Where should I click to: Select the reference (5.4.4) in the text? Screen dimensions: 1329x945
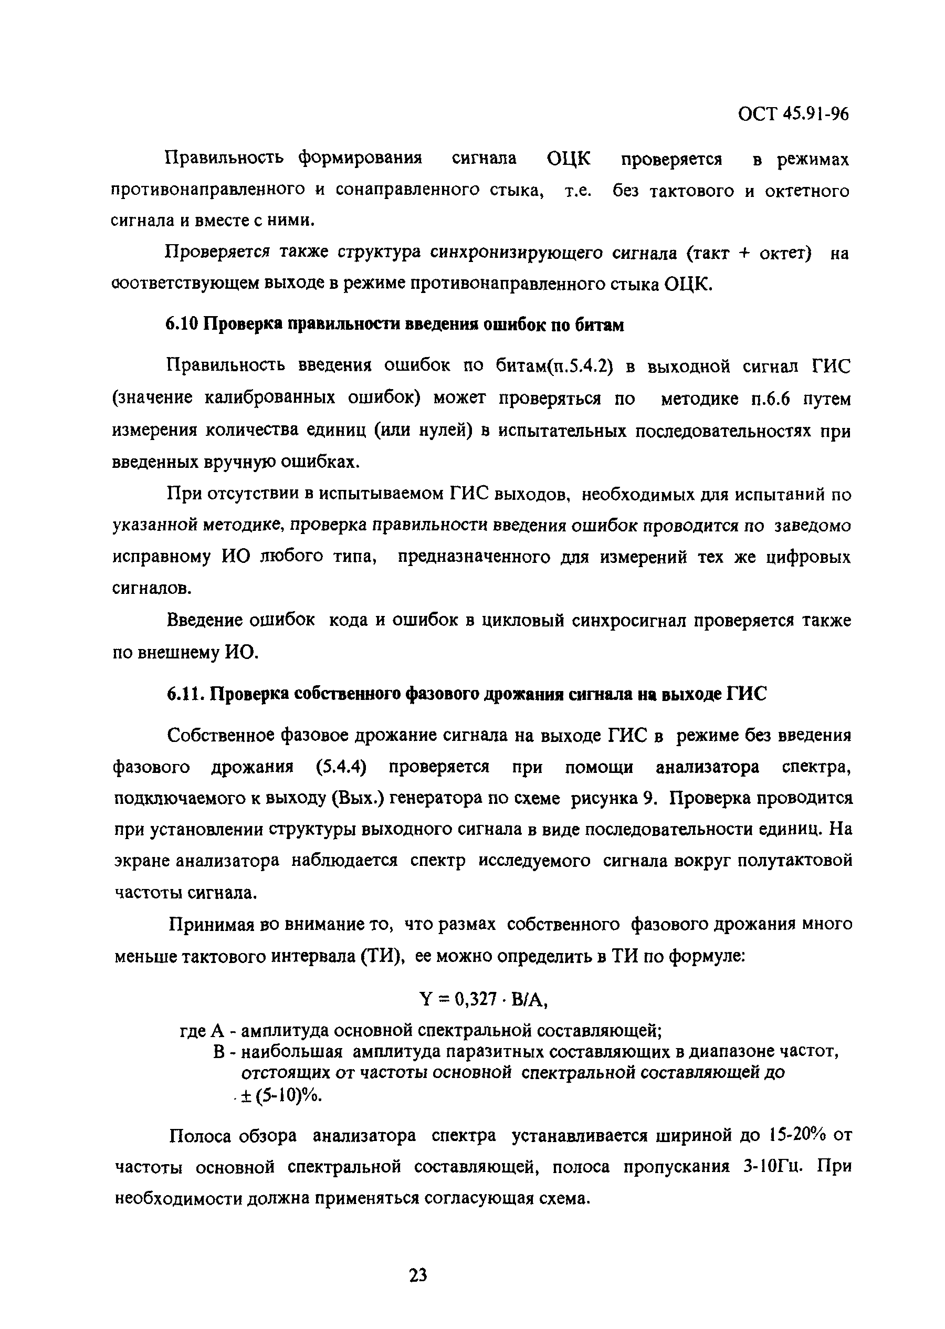click(x=341, y=768)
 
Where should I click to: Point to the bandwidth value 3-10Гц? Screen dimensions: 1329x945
click(x=774, y=1167)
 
